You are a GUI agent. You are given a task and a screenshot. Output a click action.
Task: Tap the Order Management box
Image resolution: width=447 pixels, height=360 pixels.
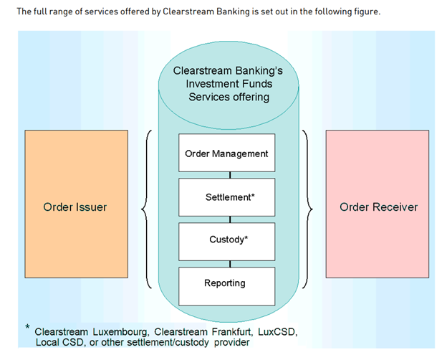pyautogui.click(x=226, y=153)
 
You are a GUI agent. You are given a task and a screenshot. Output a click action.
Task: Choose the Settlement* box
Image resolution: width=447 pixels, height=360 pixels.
pyautogui.click(x=226, y=196)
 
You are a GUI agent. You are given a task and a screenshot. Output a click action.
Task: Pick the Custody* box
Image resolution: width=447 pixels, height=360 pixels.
pyautogui.click(x=226, y=240)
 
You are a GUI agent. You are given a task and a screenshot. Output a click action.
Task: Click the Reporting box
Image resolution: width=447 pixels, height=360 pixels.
pyautogui.click(x=226, y=283)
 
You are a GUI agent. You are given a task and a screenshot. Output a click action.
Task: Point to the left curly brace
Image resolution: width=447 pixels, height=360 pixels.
pyautogui.click(x=146, y=209)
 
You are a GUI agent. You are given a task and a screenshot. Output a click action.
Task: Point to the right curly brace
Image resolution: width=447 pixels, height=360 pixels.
pyautogui.click(x=307, y=209)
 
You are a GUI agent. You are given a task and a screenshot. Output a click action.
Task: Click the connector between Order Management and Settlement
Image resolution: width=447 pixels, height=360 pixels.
pyautogui.click(x=229, y=175)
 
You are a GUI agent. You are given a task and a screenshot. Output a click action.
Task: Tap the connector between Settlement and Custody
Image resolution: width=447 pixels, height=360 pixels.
pyautogui.click(x=229, y=219)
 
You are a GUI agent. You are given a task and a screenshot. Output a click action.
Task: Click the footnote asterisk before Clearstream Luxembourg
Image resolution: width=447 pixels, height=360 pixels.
pyautogui.click(x=27, y=328)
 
